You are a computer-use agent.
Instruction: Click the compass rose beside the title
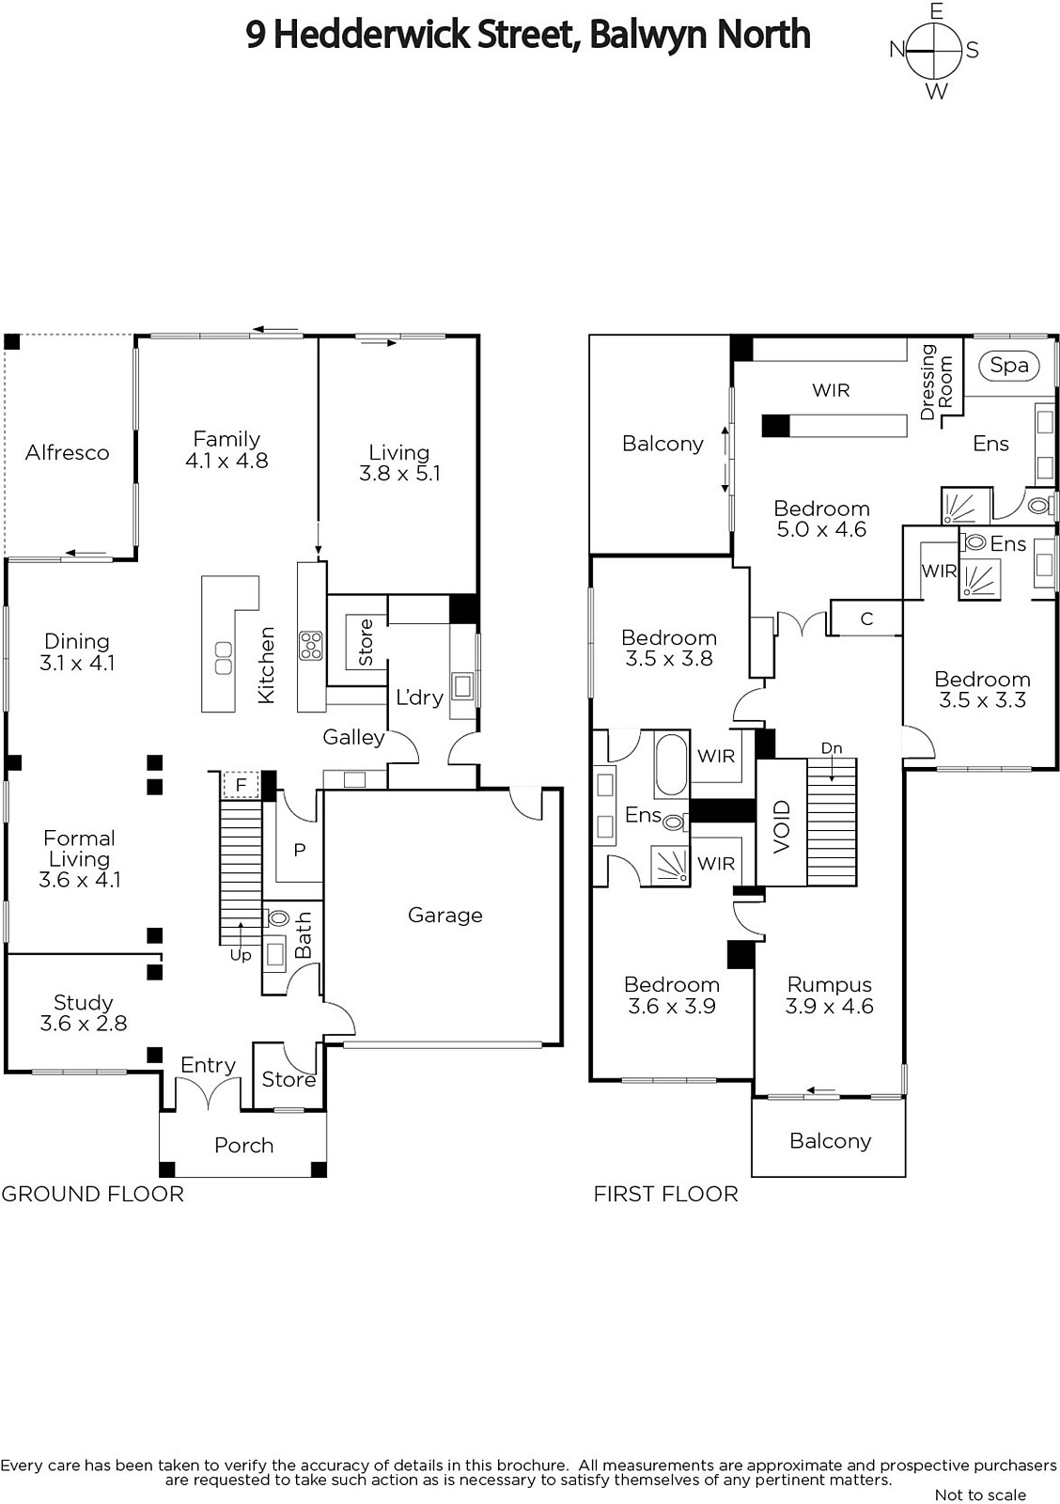click(x=934, y=51)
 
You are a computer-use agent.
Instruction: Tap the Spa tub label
click(x=1008, y=366)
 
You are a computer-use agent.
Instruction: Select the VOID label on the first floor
click(x=782, y=826)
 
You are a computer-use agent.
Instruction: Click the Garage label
click(x=445, y=916)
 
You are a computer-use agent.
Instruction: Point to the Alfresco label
click(x=67, y=452)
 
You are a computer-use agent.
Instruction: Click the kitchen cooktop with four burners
click(x=311, y=645)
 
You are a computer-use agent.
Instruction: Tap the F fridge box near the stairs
click(x=241, y=785)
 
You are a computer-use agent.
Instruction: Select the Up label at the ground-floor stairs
click(x=241, y=955)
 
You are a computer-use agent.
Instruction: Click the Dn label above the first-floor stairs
click(x=831, y=748)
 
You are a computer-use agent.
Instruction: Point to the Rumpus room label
click(x=829, y=985)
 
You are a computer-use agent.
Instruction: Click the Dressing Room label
click(x=936, y=382)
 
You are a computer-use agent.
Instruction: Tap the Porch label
click(x=243, y=1146)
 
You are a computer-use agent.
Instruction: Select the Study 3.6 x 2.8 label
click(x=84, y=1012)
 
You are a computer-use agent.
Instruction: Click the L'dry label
click(x=419, y=697)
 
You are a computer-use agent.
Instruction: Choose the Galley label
click(x=353, y=738)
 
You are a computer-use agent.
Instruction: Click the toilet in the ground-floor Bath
click(x=276, y=917)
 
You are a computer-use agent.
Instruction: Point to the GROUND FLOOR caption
click(x=92, y=1194)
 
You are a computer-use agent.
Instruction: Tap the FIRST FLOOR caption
click(x=665, y=1194)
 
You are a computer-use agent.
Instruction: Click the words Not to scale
click(x=980, y=1494)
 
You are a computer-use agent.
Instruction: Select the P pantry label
click(x=300, y=850)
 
